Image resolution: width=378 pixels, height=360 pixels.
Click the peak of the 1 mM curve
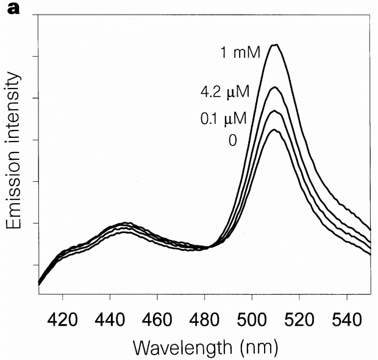click(275, 45)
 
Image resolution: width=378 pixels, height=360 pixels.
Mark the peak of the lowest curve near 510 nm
click(274, 130)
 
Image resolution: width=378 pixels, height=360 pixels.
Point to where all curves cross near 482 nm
click(209, 247)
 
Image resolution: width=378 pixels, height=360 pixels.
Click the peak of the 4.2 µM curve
click(275, 87)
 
